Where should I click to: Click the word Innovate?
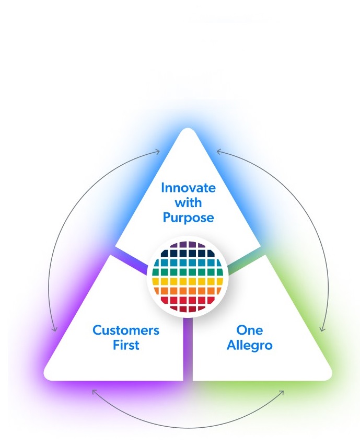click(188, 188)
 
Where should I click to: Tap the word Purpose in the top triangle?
click(188, 218)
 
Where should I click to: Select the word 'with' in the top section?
click(188, 202)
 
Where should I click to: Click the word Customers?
click(126, 330)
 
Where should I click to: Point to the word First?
click(126, 345)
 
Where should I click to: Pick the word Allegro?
click(250, 345)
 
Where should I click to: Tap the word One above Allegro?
click(250, 330)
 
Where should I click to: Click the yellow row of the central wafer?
click(188, 281)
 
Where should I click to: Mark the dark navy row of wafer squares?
click(188, 254)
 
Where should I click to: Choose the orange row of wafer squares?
click(188, 291)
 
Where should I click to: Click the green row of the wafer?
click(188, 272)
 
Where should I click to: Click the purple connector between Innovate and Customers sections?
click(131, 262)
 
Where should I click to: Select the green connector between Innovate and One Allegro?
click(242, 262)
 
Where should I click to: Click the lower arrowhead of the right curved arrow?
click(322, 329)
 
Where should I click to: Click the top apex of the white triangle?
click(188, 131)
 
